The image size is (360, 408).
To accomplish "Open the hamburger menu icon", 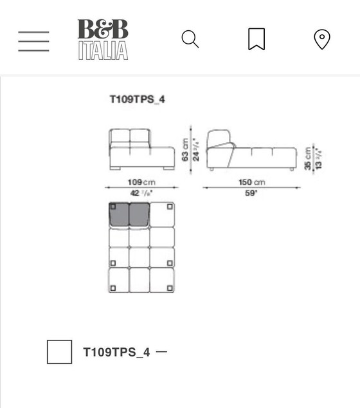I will [33, 41].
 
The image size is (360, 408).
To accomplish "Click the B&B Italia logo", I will [103, 39].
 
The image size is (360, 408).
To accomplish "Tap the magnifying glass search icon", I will [190, 39].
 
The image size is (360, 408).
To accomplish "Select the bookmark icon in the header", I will [256, 39].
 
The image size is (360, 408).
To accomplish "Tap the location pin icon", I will [322, 39].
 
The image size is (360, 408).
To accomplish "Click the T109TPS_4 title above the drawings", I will [137, 99].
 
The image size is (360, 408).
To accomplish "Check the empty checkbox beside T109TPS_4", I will [60, 352].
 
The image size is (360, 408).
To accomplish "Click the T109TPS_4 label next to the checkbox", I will [116, 352].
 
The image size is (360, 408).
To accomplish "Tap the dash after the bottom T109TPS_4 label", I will [161, 352].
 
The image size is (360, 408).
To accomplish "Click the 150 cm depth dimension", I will [251, 183].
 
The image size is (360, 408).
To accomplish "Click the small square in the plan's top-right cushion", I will [170, 207].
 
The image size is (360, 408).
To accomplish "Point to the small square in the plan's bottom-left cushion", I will [113, 288].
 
